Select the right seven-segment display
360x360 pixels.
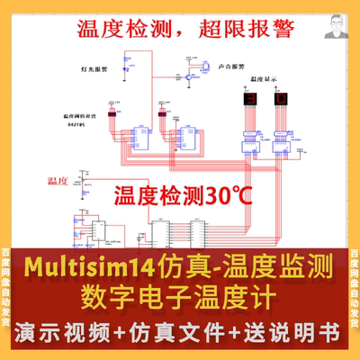coord(282,98)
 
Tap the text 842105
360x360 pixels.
coord(75,127)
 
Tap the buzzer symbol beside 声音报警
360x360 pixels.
coord(202,69)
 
